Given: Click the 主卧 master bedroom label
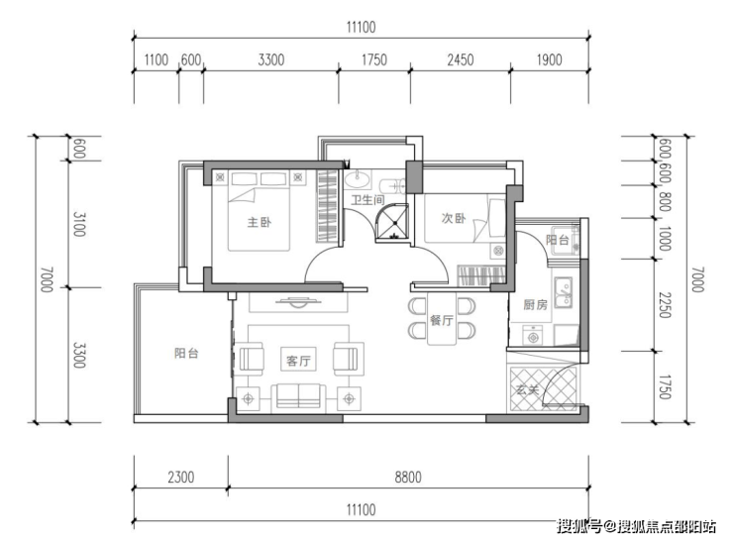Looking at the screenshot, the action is tap(260, 222).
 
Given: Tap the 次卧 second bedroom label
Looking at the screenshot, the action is tap(454, 218).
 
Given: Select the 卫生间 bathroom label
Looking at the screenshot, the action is tap(367, 200).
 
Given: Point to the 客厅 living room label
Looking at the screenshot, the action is tap(298, 361).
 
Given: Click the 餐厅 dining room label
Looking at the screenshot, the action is tap(442, 320).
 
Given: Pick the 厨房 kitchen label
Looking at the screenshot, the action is tap(535, 305).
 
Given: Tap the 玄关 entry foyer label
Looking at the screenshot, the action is tap(528, 389).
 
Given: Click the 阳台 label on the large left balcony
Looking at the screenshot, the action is tap(186, 353).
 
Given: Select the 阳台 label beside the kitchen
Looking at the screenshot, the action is tap(558, 240).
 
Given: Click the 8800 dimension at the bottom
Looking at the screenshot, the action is tap(408, 478).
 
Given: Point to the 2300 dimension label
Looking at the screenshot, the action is tap(181, 478).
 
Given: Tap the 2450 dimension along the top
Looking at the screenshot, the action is tap(461, 59).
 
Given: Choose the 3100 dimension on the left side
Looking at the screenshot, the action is tap(79, 224).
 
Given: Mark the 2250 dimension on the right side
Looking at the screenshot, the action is tap(665, 305).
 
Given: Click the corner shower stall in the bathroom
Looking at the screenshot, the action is tap(391, 223).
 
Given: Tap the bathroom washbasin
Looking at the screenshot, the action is tap(358, 178).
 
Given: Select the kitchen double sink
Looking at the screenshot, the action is tap(564, 292).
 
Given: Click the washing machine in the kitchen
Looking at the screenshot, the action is tap(532, 335).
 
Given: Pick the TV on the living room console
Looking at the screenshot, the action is tap(298, 301).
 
